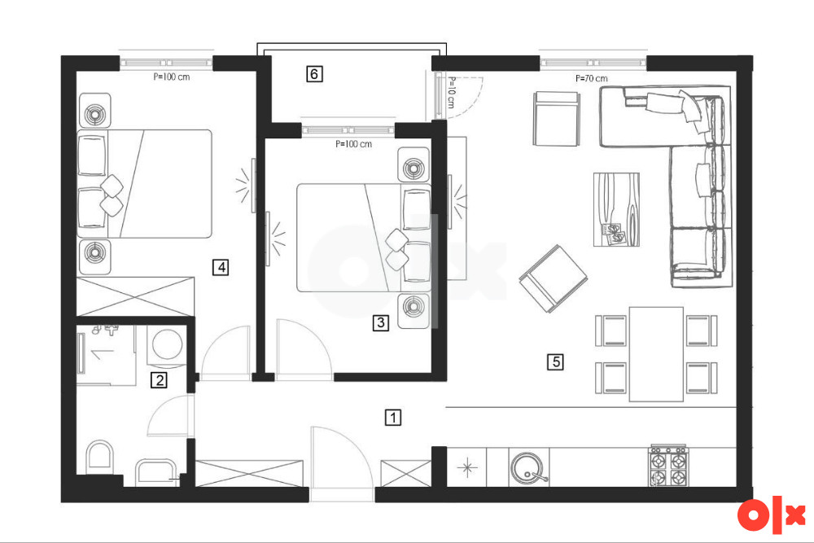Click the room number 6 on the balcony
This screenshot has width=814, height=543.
point(314,74)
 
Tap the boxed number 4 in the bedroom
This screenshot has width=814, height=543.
point(221,267)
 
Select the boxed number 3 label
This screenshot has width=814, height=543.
point(380,322)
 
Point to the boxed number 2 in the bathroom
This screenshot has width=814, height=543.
point(159,380)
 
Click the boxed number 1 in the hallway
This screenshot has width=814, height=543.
point(393,418)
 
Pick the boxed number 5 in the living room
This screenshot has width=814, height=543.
point(555,361)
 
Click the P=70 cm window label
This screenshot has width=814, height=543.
point(591,78)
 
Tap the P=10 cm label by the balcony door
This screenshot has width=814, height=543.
point(451,93)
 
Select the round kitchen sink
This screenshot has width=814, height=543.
point(527,467)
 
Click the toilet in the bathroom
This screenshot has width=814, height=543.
point(99,458)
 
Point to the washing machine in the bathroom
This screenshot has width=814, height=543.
point(167,345)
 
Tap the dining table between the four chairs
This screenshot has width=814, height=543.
point(656,354)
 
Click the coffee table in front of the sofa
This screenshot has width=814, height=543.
point(616,209)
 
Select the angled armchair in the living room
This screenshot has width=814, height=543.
point(554,278)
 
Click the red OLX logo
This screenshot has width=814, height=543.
point(772,515)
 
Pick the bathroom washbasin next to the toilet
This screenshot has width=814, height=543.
point(156,472)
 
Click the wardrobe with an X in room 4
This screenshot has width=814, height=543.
point(135,296)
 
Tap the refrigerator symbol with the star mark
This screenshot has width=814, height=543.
point(466,467)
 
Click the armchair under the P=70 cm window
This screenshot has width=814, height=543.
point(556,119)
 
